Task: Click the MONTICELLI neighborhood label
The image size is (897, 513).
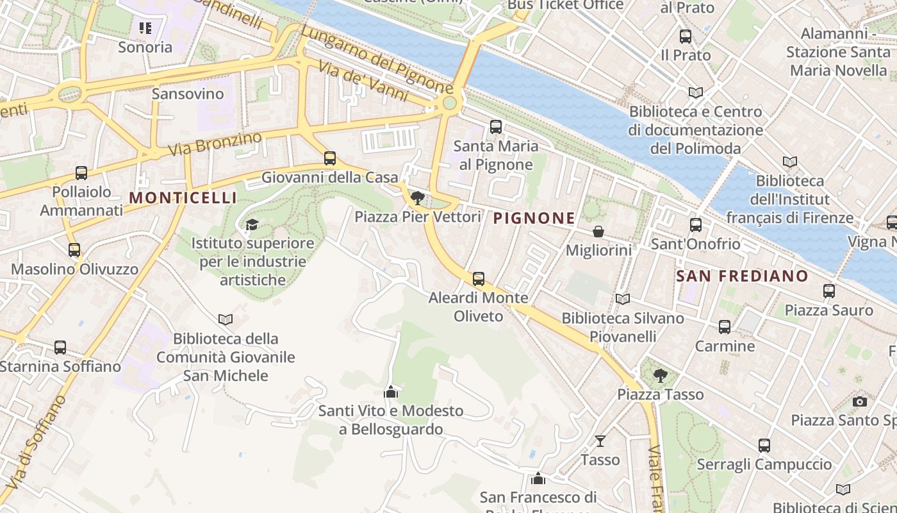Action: [x=183, y=198]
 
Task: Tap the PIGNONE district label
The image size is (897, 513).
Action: [x=534, y=219]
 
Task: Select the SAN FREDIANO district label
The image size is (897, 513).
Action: [x=743, y=276]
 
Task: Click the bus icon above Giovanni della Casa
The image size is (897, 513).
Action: [x=330, y=158]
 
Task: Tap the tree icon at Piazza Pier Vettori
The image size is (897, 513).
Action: [x=418, y=198]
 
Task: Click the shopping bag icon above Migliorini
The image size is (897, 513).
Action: [x=598, y=231]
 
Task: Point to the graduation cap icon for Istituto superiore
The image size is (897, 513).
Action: [x=252, y=224]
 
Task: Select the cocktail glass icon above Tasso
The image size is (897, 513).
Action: [x=600, y=441]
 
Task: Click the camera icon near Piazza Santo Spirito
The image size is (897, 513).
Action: [x=860, y=402]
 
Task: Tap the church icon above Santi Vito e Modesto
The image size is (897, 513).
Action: [x=391, y=392]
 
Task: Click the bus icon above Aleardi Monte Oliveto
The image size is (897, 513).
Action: [x=479, y=279]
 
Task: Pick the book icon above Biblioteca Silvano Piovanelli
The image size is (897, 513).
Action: [x=622, y=299]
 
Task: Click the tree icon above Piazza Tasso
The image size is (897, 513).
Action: [x=660, y=376]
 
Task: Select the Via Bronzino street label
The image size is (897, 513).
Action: [x=215, y=144]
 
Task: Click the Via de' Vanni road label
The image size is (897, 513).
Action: [x=363, y=81]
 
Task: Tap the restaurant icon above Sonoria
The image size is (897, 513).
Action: [x=145, y=28]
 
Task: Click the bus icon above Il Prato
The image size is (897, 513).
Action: [x=686, y=37]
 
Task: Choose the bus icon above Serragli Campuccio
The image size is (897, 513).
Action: [x=764, y=446]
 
